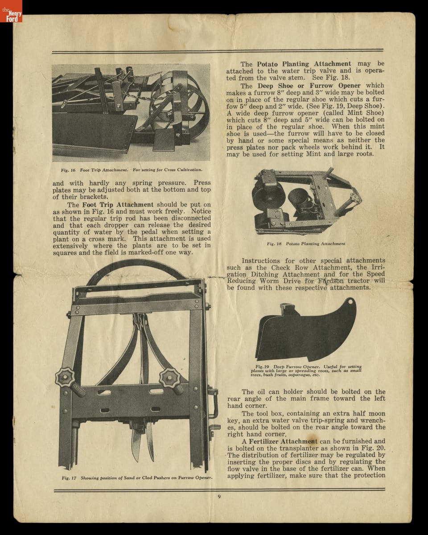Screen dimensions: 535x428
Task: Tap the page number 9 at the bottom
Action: pos(219,497)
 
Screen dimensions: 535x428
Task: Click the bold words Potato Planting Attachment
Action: pos(304,64)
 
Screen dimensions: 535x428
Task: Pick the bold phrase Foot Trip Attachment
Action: pos(118,205)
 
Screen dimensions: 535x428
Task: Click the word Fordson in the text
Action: pos(331,281)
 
